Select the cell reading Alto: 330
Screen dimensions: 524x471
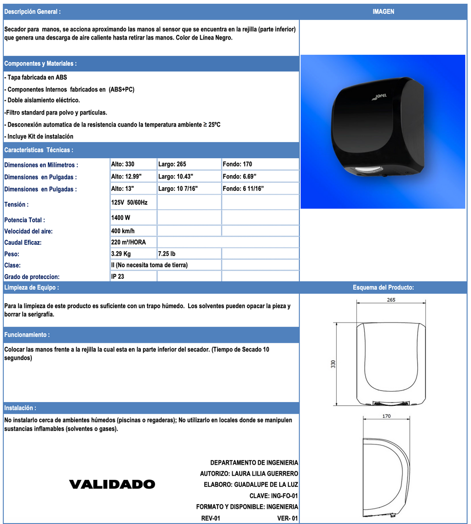123,164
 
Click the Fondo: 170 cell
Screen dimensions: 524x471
237,164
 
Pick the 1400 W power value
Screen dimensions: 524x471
121,217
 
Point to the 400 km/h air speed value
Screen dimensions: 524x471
123,231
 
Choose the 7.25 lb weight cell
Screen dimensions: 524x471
167,254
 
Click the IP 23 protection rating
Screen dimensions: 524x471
118,277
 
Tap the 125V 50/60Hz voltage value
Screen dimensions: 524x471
129,202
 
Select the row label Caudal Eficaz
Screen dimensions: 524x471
23,242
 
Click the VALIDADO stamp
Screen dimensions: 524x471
112,484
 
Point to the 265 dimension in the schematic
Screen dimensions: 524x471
391,299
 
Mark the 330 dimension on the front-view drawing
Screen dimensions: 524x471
333,363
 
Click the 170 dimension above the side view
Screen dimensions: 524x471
386,416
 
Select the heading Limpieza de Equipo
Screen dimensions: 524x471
31,288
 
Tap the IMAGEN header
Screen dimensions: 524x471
383,12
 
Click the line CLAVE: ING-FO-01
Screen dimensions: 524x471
274,496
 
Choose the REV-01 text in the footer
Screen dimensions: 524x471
211,518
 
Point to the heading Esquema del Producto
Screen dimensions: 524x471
383,288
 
